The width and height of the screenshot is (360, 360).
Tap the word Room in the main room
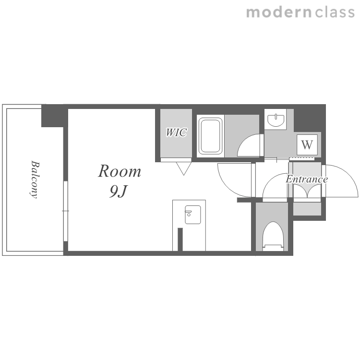point(120,171)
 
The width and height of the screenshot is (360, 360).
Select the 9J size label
point(118,191)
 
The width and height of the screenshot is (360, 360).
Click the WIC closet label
point(176,132)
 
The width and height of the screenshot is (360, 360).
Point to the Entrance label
point(307,179)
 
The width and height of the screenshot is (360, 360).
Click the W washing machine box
point(307,144)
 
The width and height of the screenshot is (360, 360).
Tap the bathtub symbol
point(211,136)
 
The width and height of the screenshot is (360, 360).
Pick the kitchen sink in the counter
point(193,215)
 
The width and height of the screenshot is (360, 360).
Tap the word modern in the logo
point(279,12)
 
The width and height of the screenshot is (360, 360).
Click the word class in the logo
point(335,12)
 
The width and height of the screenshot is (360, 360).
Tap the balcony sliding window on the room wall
point(66,211)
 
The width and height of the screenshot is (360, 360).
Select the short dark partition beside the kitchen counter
point(180,240)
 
